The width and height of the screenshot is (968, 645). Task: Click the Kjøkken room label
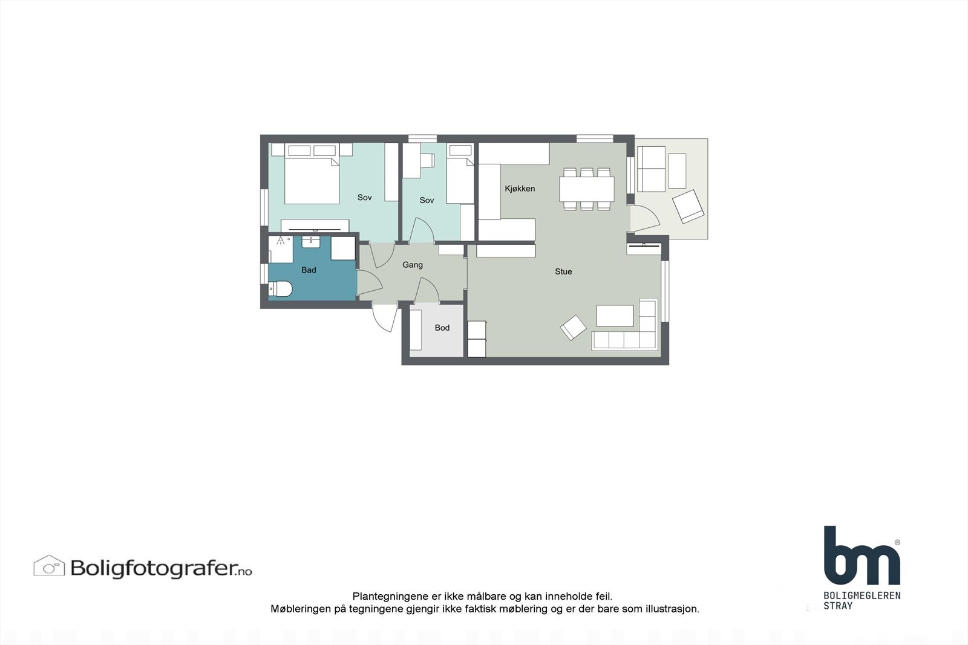(x=520, y=189)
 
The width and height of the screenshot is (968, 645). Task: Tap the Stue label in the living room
(x=563, y=271)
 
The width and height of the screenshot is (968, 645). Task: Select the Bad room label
(x=309, y=270)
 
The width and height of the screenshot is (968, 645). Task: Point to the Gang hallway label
(x=413, y=265)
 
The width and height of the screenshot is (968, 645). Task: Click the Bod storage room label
(x=442, y=328)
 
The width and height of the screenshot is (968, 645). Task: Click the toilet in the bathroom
(x=280, y=289)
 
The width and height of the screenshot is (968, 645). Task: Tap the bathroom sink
(x=310, y=242)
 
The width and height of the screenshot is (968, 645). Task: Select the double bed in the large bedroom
(x=312, y=180)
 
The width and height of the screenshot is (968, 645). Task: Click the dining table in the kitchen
(x=586, y=189)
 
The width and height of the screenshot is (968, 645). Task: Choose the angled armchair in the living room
(x=573, y=328)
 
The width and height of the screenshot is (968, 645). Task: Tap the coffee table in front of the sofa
(x=615, y=316)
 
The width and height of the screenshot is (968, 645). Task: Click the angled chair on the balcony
(x=688, y=206)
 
